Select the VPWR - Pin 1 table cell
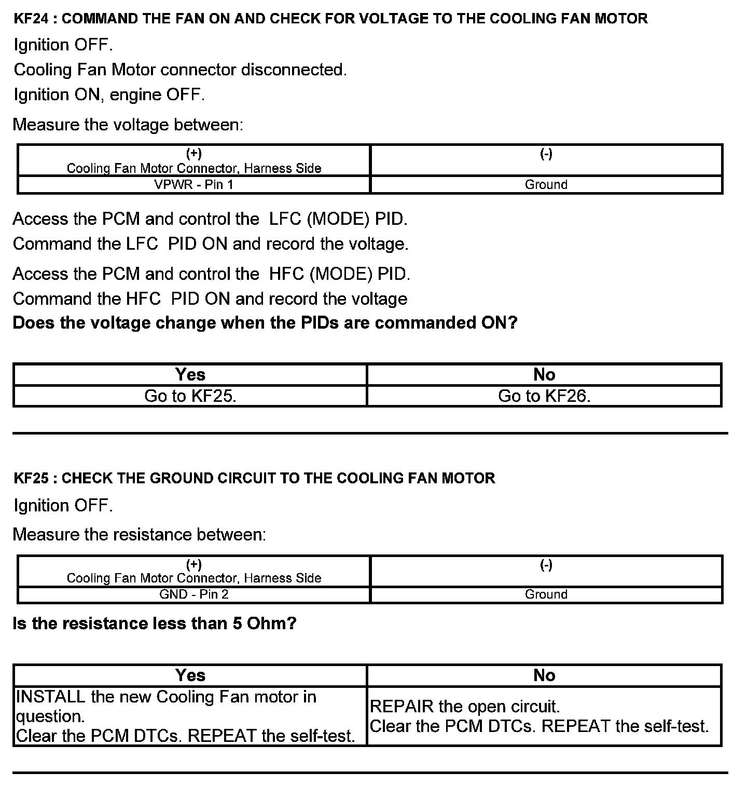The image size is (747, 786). tap(194, 185)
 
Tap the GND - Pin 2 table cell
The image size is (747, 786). tap(194, 594)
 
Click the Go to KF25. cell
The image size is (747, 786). tap(190, 396)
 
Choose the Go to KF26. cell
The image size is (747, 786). tap(544, 396)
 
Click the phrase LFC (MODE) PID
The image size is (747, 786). tap(338, 219)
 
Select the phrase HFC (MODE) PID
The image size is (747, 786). tap(340, 274)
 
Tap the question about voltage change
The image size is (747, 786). tap(265, 323)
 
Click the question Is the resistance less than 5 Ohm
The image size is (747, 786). tap(155, 624)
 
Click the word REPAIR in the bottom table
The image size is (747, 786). tap(402, 707)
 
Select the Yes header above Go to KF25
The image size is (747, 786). tap(190, 375)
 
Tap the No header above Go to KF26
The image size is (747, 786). tap(544, 375)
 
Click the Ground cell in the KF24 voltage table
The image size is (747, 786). tap(546, 185)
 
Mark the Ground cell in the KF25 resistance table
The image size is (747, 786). tap(546, 594)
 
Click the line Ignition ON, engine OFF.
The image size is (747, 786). tap(109, 95)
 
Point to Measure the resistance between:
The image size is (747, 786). tap(140, 535)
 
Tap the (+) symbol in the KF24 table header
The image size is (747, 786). tap(194, 154)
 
